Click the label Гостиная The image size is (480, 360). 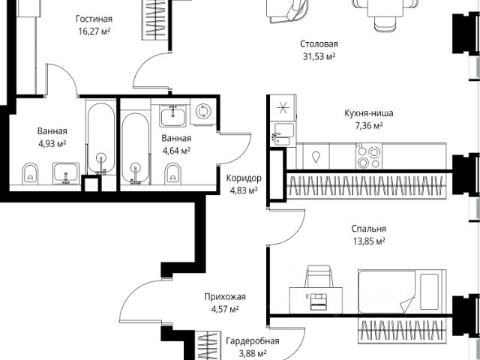click(94, 18)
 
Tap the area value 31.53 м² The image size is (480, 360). click(314, 55)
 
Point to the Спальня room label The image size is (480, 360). click(370, 229)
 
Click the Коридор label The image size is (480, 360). click(243, 178)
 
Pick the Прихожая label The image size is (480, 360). click(223, 297)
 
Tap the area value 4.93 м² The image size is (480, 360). click(49, 144)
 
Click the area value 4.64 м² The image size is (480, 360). click(176, 150)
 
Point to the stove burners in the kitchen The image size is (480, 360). click(366, 156)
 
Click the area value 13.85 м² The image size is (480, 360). click(370, 241)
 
